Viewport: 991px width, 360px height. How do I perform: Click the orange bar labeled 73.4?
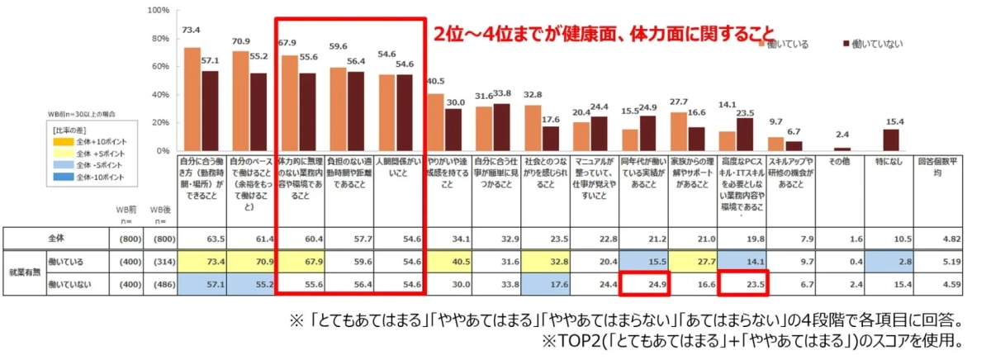pyautogui.click(x=192, y=99)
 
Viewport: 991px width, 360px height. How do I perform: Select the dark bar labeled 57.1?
pyautogui.click(x=210, y=111)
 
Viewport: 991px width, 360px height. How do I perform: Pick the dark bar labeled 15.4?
pyautogui.click(x=891, y=140)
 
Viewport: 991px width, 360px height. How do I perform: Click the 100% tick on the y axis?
pyautogui.click(x=158, y=11)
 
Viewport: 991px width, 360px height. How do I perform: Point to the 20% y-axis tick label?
pyautogui.click(x=160, y=124)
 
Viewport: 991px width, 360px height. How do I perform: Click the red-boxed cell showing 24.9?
pyautogui.click(x=645, y=285)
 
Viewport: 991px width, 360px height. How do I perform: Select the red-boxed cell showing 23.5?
pyautogui.click(x=742, y=285)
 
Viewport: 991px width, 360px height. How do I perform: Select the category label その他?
pyautogui.click(x=842, y=162)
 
